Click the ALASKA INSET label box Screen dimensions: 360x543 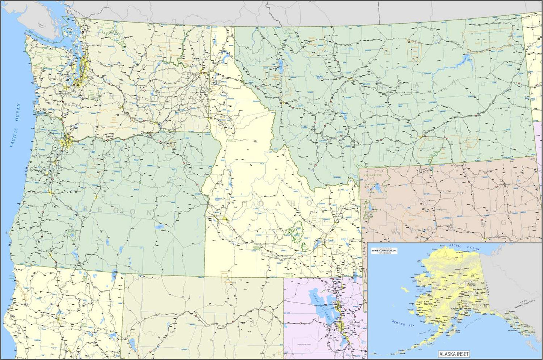tap(454, 354)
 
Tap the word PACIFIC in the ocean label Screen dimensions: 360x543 tap(14, 137)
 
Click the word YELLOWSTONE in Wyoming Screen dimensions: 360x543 tap(373, 175)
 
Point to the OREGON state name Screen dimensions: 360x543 tap(110, 210)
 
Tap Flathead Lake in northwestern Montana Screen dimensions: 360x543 tap(280, 67)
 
